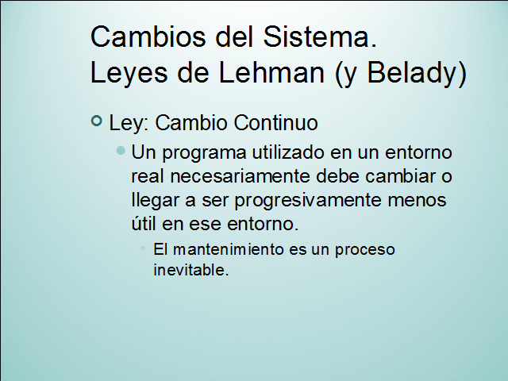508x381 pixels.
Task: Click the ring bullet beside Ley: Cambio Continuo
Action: click(97, 121)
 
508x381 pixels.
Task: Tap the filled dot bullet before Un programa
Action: click(121, 150)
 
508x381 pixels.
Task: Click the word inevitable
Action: click(190, 270)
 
